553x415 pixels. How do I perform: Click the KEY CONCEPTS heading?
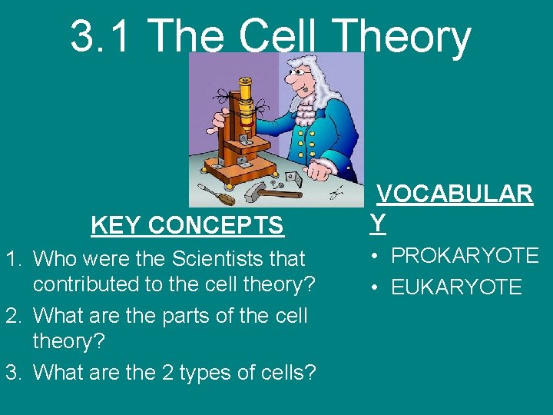[x=187, y=226]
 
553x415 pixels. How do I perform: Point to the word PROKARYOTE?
[x=465, y=256]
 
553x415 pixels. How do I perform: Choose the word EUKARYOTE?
[x=456, y=287]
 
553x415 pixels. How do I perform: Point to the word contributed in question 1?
[x=84, y=284]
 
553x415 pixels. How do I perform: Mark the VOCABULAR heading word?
[x=454, y=194]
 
